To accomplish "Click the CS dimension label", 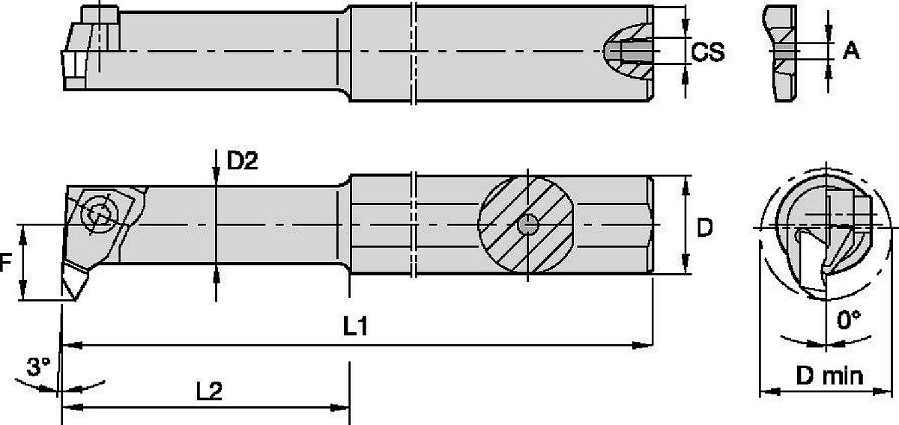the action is [708, 52].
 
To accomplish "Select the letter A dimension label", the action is [850, 52].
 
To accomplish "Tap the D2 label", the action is [242, 161].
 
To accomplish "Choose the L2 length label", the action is [209, 391].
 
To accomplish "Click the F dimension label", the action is [4, 263].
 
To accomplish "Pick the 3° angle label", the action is [38, 367].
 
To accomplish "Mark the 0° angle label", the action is [849, 320].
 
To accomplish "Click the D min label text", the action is [829, 376].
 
